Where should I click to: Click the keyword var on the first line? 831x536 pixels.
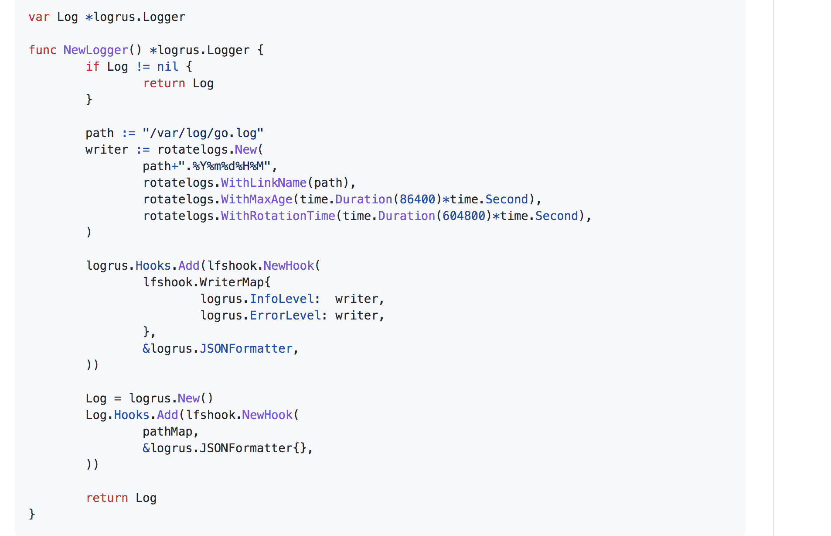pyautogui.click(x=39, y=17)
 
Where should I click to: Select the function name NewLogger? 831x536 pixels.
pyautogui.click(x=96, y=50)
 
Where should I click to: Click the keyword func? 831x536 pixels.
pyautogui.click(x=42, y=50)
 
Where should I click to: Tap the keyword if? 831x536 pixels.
pyautogui.click(x=92, y=67)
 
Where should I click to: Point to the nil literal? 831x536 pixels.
pyautogui.click(x=167, y=67)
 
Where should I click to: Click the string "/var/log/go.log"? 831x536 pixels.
pyautogui.click(x=203, y=133)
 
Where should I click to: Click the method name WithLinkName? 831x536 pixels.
pyautogui.click(x=263, y=183)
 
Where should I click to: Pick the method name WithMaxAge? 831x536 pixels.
pyautogui.click(x=256, y=199)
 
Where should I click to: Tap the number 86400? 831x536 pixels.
pyautogui.click(x=417, y=199)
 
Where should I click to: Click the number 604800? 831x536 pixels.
pyautogui.click(x=463, y=216)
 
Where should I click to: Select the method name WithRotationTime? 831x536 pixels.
pyautogui.click(x=278, y=216)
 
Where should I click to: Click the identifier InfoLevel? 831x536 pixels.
pyautogui.click(x=282, y=299)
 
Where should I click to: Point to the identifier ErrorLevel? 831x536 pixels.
pyautogui.click(x=286, y=316)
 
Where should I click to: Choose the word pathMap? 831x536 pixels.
pyautogui.click(x=167, y=432)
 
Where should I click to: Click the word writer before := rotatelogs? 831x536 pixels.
pyautogui.click(x=107, y=150)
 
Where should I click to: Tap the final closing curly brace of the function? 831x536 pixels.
pyautogui.click(x=32, y=514)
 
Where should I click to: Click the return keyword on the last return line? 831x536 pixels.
pyautogui.click(x=107, y=498)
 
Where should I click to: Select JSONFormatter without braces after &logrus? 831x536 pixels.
pyautogui.click(x=246, y=349)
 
